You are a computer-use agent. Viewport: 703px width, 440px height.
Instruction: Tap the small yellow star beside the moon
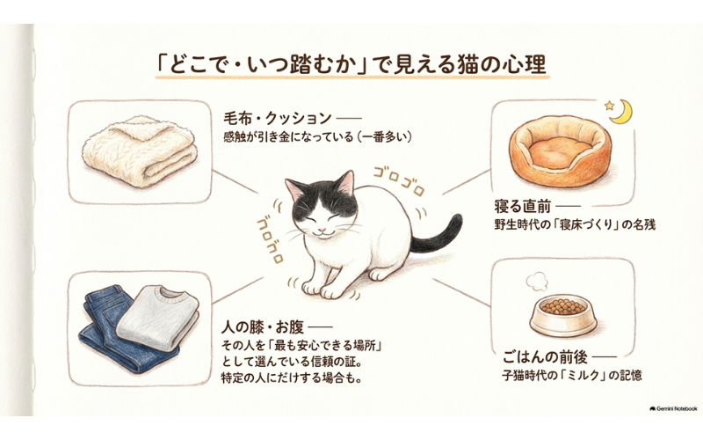point(609,106)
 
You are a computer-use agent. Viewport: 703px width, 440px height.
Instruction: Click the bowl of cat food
point(563,316)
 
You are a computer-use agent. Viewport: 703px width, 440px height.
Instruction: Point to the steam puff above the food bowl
point(537,281)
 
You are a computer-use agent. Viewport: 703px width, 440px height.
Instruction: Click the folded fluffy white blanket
point(140,150)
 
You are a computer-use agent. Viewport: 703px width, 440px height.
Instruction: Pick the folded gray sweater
point(157,317)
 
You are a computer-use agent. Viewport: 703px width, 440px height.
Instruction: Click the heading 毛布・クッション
point(278,119)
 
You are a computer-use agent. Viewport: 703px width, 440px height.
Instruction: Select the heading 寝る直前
point(522,207)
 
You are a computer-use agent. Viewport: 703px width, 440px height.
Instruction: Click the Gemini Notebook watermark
point(673,409)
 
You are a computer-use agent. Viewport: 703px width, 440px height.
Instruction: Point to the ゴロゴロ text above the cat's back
point(399,181)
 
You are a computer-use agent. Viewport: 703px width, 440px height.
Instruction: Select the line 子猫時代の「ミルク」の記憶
point(572,376)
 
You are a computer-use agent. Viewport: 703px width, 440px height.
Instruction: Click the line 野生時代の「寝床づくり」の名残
point(575,224)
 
